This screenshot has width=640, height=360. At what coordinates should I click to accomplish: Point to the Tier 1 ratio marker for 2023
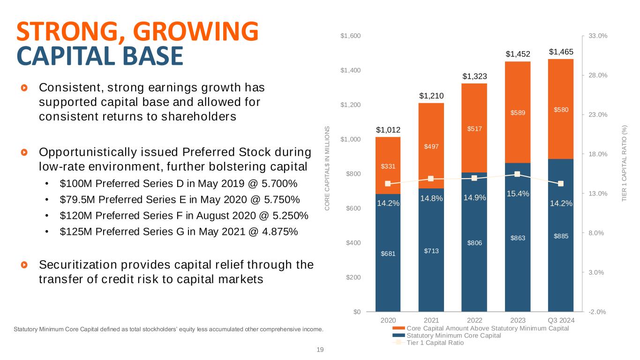click(517, 174)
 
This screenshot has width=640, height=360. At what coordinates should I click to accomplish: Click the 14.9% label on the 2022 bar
click(474, 198)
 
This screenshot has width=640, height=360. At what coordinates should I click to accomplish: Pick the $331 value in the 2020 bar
click(387, 166)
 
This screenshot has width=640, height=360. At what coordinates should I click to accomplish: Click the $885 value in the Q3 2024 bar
click(561, 236)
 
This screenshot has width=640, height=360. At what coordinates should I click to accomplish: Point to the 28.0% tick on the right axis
click(593, 75)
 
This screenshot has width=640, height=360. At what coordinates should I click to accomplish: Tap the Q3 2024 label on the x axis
click(561, 320)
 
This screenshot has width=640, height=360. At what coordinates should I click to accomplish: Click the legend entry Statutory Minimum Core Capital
click(454, 336)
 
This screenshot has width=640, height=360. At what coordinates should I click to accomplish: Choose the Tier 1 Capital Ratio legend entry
click(435, 343)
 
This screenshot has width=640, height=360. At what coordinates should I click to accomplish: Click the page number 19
click(320, 349)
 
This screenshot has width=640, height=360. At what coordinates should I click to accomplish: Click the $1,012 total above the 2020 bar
click(387, 129)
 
